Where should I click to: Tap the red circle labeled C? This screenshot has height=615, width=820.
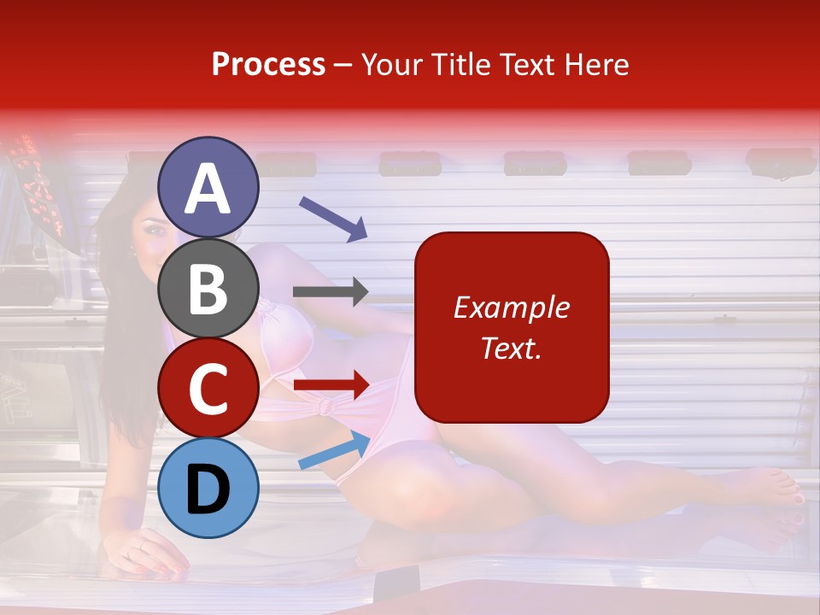pyautogui.click(x=208, y=388)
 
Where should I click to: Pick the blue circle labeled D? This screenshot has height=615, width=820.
pyautogui.click(x=208, y=488)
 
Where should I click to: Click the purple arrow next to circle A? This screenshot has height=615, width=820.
pyautogui.click(x=333, y=219)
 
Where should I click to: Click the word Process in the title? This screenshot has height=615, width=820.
pyautogui.click(x=268, y=65)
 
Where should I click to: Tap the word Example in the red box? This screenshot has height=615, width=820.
pyautogui.click(x=511, y=307)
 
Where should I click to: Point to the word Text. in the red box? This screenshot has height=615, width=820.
pyautogui.click(x=511, y=348)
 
